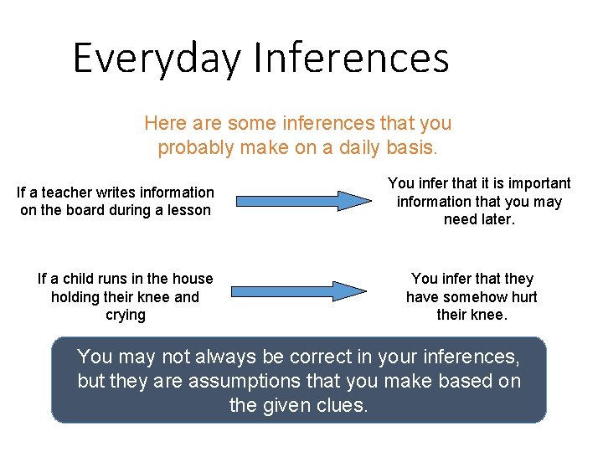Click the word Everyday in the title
[158, 59]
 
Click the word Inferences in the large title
[351, 58]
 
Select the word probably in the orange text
[193, 148]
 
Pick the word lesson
[189, 210]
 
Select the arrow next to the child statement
[299, 291]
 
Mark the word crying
[126, 316]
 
